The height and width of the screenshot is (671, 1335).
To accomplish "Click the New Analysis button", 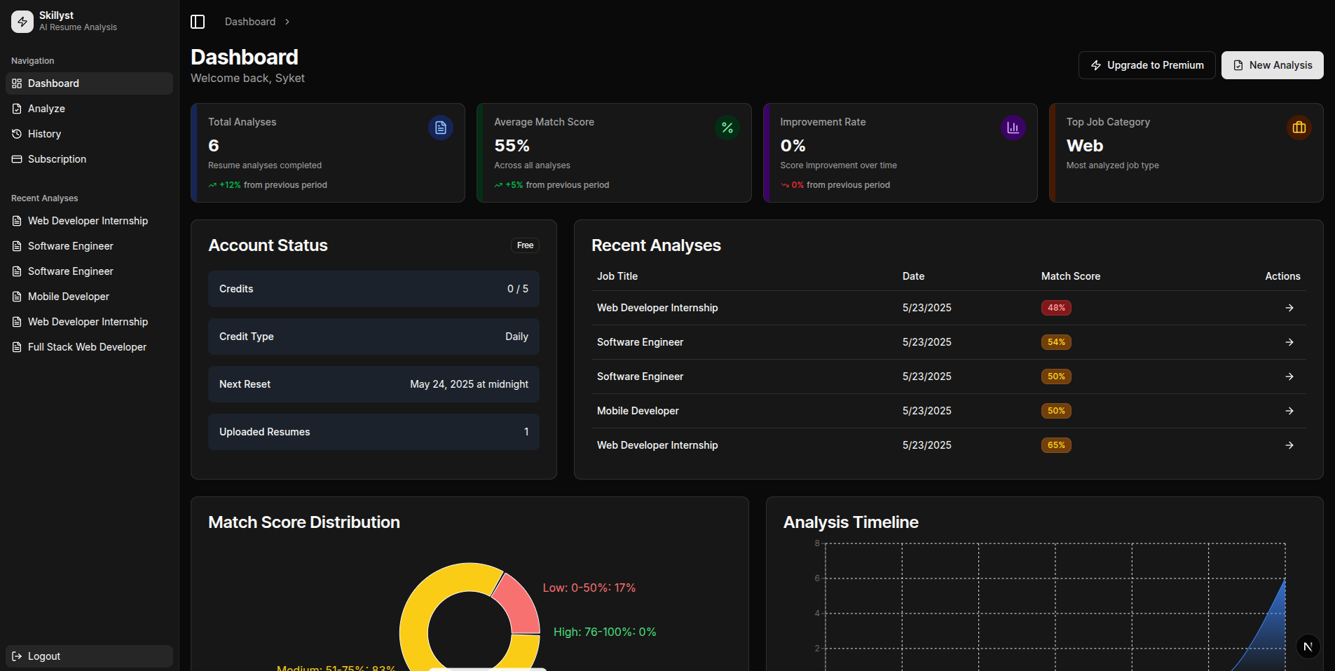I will pyautogui.click(x=1272, y=65).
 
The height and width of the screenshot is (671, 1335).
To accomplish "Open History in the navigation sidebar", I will pyautogui.click(x=44, y=134).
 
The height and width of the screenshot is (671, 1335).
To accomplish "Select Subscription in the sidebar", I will pyautogui.click(x=57, y=159).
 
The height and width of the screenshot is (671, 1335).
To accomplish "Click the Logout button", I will pyautogui.click(x=44, y=656).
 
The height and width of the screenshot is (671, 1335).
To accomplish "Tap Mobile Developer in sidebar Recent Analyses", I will pyautogui.click(x=68, y=297).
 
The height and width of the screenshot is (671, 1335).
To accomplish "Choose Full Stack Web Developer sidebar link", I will pyautogui.click(x=87, y=347).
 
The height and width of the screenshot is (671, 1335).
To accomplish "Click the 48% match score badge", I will pyautogui.click(x=1055, y=308).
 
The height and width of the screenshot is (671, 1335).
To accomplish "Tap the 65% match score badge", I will pyautogui.click(x=1055, y=445).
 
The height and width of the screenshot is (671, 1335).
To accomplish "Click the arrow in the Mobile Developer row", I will pyautogui.click(x=1289, y=411).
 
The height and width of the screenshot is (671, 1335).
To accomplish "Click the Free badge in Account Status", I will pyautogui.click(x=525, y=245).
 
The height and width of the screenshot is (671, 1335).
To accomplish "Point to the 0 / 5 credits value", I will pyautogui.click(x=517, y=289).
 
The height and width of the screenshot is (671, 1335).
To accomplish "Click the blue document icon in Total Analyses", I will pyautogui.click(x=440, y=128).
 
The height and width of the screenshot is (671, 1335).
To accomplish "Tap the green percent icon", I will pyautogui.click(x=727, y=128).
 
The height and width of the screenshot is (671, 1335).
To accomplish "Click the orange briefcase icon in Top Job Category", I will pyautogui.click(x=1299, y=128).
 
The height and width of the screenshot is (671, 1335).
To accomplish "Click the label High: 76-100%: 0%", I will pyautogui.click(x=604, y=632).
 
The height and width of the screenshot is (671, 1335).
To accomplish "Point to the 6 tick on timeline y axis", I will pyautogui.click(x=816, y=578).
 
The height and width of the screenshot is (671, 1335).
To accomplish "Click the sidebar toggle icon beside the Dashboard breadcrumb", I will pyautogui.click(x=198, y=22).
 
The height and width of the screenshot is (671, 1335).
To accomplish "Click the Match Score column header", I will pyautogui.click(x=1070, y=276).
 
